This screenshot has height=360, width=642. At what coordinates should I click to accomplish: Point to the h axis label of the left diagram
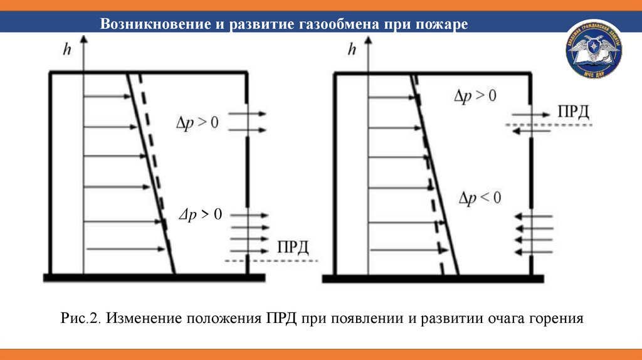(x=67, y=48)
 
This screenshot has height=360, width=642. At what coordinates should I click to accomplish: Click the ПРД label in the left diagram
(x=293, y=246)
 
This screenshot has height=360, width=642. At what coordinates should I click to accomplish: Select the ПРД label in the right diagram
(x=573, y=112)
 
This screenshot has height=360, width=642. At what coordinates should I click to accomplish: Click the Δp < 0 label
(x=480, y=198)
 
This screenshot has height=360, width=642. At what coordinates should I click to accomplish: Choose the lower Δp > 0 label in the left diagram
(x=201, y=214)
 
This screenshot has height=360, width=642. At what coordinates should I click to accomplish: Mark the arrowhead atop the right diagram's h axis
(x=369, y=39)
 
